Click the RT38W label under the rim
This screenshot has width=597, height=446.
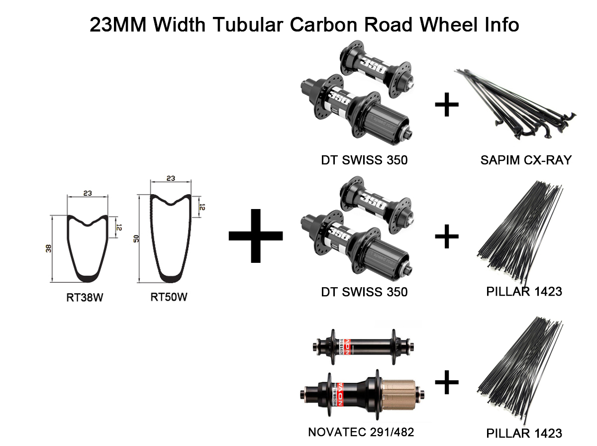click(x=88, y=298)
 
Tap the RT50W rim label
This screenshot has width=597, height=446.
click(x=169, y=298)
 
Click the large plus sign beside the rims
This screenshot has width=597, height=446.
click(x=255, y=235)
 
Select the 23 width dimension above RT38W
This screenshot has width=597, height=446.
click(x=88, y=193)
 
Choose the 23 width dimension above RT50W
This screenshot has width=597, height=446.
click(x=171, y=178)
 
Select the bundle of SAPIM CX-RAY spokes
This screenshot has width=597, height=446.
click(x=517, y=102)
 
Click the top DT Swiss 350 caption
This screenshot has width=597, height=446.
click(x=364, y=160)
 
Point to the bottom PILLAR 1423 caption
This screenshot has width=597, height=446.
click(x=524, y=433)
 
